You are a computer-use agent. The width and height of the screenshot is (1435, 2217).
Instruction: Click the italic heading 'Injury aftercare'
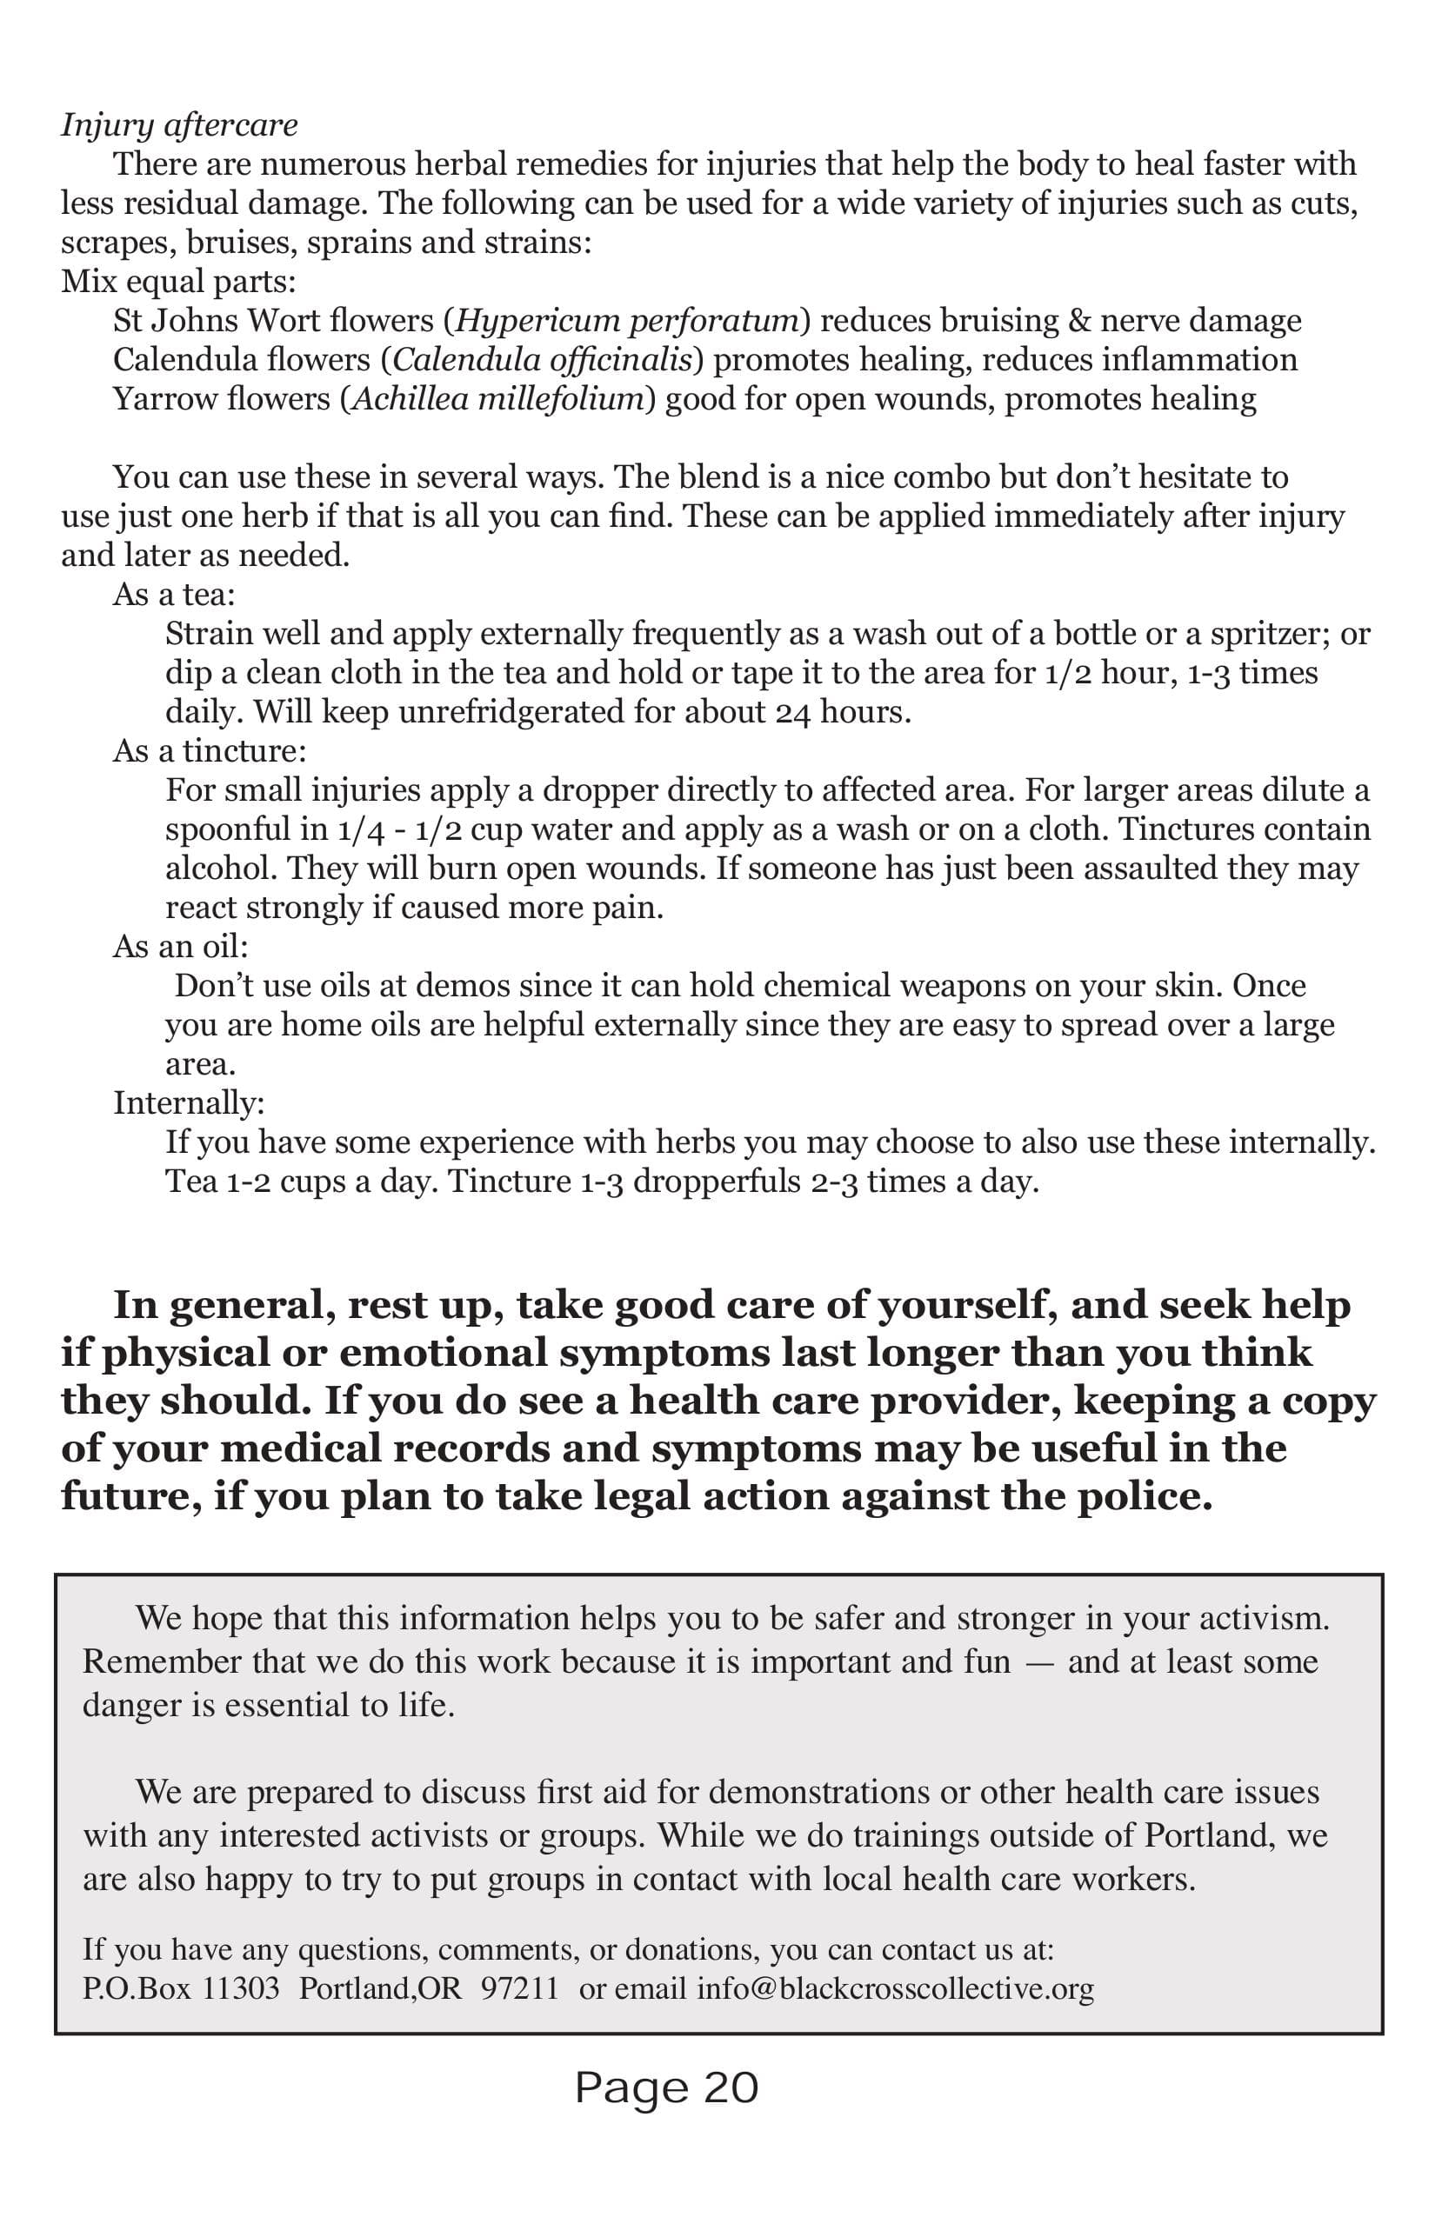click(179, 125)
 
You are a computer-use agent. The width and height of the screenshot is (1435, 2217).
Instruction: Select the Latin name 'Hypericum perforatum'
click(627, 321)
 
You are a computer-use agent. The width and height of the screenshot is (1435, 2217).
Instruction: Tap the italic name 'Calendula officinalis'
click(545, 360)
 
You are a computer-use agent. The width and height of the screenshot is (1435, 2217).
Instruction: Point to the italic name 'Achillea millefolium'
click(497, 399)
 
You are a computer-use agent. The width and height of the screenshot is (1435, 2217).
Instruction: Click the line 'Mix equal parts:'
click(178, 282)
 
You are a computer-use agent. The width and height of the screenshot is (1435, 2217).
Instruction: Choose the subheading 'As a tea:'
click(174, 595)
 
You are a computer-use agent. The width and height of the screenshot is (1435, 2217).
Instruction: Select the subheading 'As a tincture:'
click(210, 751)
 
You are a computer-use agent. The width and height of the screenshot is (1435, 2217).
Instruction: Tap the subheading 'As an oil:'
click(181, 947)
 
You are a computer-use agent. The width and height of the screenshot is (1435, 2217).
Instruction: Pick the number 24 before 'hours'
click(793, 712)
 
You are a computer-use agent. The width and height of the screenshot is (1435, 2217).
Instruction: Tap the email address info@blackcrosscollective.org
click(895, 1989)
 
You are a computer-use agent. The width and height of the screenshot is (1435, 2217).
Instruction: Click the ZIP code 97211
click(519, 1989)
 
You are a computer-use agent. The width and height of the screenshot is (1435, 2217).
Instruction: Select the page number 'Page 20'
click(666, 2087)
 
